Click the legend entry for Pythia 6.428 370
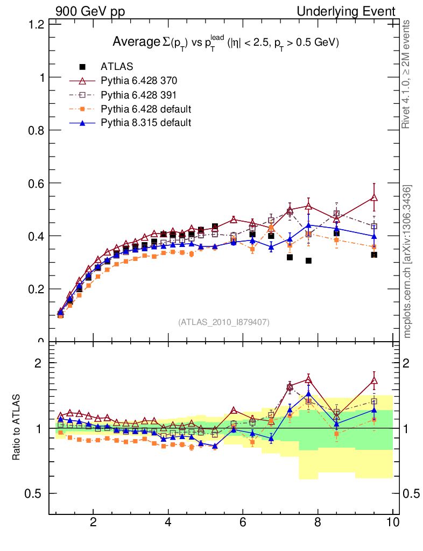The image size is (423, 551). click(x=139, y=81)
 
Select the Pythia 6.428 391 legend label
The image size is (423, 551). click(x=139, y=95)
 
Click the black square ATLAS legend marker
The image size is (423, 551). click(x=83, y=67)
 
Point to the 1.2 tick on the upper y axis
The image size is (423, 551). click(x=36, y=24)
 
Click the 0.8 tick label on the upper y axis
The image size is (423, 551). click(x=36, y=130)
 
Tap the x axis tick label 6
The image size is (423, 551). click(x=243, y=522)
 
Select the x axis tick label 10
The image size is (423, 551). click(x=392, y=522)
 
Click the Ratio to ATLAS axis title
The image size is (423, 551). click(x=17, y=427)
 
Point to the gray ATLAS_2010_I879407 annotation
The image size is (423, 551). click(x=224, y=322)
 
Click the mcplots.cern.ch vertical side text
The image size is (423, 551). click(x=408, y=261)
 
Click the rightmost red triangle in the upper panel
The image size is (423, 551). click(x=374, y=197)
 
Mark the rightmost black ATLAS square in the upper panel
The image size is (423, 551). click(x=374, y=255)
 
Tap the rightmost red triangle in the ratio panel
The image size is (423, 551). click(x=374, y=381)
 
